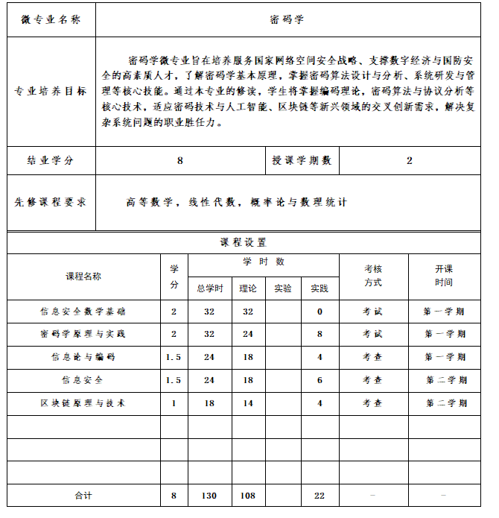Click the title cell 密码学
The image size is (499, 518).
[x=287, y=19]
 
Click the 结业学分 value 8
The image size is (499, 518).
[x=180, y=160]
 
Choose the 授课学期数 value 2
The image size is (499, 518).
[x=409, y=160]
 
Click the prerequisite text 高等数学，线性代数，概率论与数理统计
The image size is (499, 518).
[x=236, y=202]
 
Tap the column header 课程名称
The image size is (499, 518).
[x=83, y=277]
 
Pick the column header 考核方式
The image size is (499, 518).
[x=373, y=276]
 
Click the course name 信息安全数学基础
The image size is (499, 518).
[x=83, y=312]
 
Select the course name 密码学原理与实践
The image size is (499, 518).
[x=83, y=334]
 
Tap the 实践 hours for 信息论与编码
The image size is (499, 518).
[x=320, y=357]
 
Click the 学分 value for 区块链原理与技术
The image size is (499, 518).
[x=174, y=403]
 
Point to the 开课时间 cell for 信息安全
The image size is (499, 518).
[x=445, y=380]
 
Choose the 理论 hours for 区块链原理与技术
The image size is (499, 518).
[x=247, y=403]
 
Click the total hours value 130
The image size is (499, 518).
[x=209, y=496]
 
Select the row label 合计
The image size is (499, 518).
[x=83, y=496]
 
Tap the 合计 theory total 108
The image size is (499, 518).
[x=247, y=496]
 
